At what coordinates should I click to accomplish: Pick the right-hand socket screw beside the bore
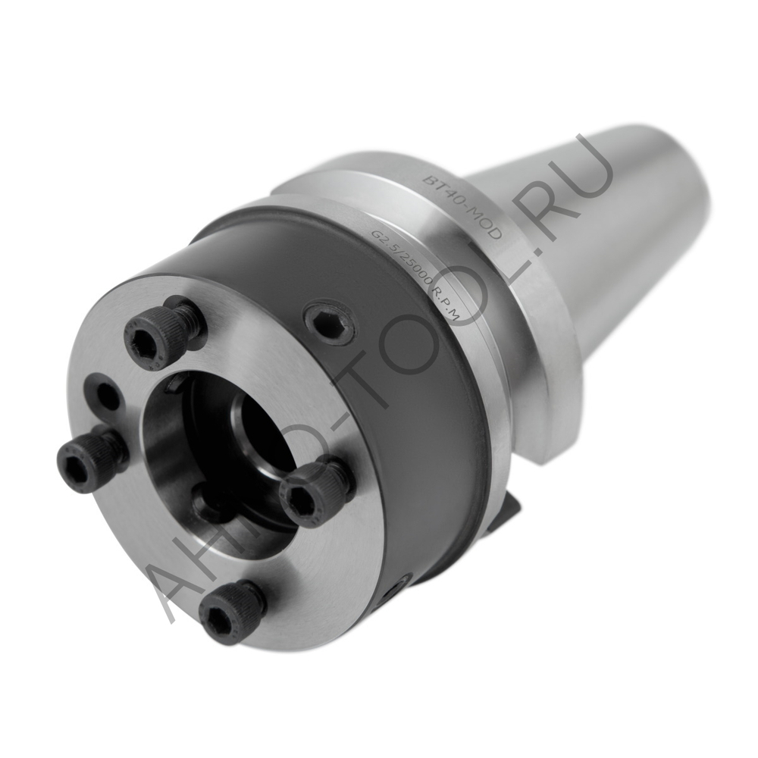313,493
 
